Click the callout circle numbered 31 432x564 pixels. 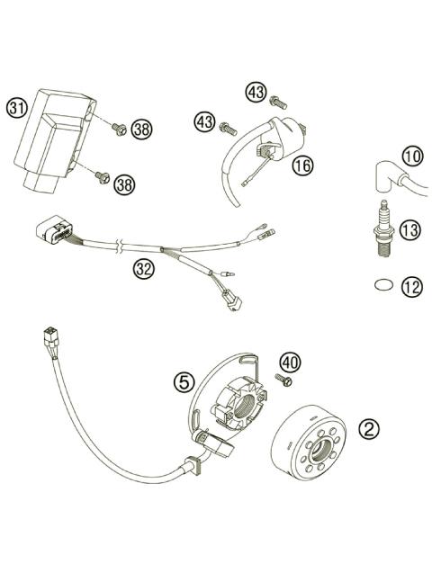pyautogui.click(x=15, y=108)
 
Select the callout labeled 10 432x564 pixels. pyautogui.click(x=411, y=157)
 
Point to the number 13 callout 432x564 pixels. pyautogui.click(x=409, y=231)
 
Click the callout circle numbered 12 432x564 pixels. pyautogui.click(x=410, y=287)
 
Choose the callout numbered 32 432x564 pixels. pyautogui.click(x=141, y=267)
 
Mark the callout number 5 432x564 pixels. pyautogui.click(x=184, y=381)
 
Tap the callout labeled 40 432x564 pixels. pyautogui.click(x=288, y=362)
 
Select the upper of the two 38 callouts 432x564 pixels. pyautogui.click(x=141, y=129)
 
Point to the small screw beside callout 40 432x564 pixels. pyautogui.click(x=286, y=382)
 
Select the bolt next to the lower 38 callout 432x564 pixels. pyautogui.click(x=102, y=179)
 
